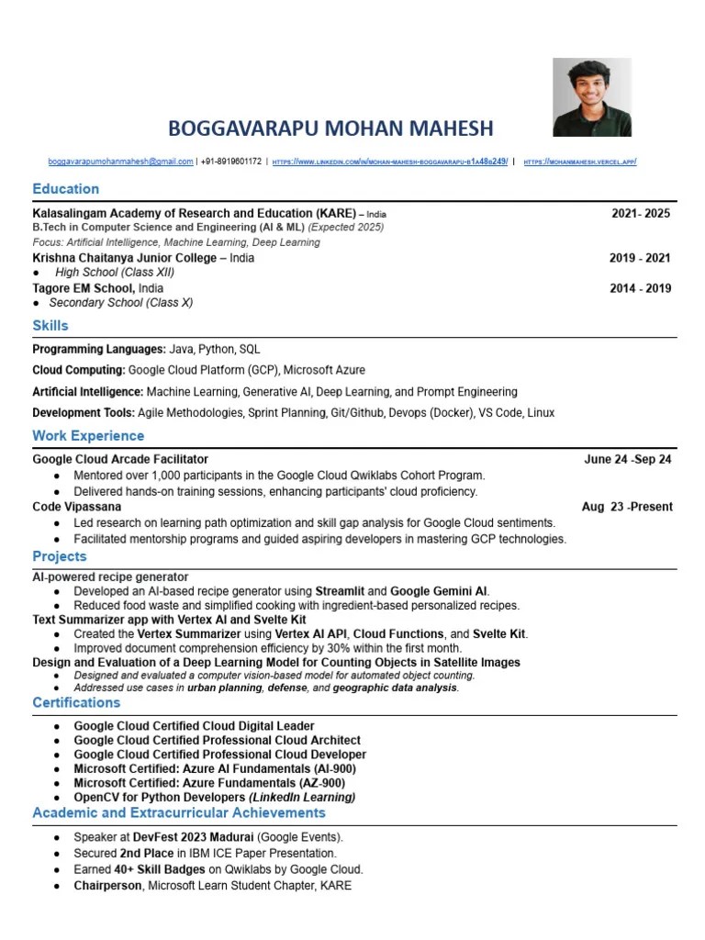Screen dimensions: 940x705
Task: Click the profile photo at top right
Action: click(x=592, y=97)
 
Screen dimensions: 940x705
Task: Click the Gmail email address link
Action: click(x=120, y=162)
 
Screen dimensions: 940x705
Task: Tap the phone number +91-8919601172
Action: click(x=231, y=162)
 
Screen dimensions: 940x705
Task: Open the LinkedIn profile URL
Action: click(x=390, y=162)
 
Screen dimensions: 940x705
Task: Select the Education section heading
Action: click(x=65, y=189)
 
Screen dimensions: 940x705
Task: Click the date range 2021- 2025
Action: click(x=641, y=214)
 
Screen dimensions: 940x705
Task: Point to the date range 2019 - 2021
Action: click(x=640, y=258)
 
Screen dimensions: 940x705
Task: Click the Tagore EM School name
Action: click(x=77, y=288)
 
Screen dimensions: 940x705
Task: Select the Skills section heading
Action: click(x=50, y=326)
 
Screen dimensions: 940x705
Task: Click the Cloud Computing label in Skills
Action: click(x=79, y=370)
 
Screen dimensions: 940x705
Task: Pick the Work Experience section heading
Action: click(x=88, y=435)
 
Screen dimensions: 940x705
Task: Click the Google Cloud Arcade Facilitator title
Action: click(x=120, y=459)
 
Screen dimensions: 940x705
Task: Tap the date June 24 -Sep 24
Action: click(x=628, y=459)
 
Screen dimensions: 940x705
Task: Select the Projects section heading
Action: click(x=60, y=556)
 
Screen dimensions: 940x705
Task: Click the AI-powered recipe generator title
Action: click(x=110, y=576)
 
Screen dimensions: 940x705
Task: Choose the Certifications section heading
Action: click(x=76, y=702)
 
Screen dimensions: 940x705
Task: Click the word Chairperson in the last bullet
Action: click(x=107, y=885)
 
